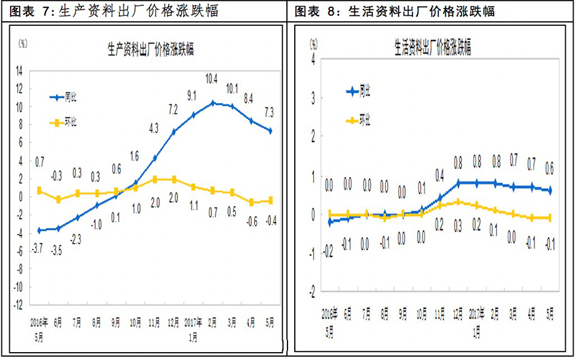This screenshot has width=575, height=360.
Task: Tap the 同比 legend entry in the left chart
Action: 71,98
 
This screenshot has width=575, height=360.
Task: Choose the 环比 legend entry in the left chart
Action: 71,122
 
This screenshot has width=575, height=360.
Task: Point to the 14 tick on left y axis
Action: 20,70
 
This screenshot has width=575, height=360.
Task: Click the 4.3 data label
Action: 154,128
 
